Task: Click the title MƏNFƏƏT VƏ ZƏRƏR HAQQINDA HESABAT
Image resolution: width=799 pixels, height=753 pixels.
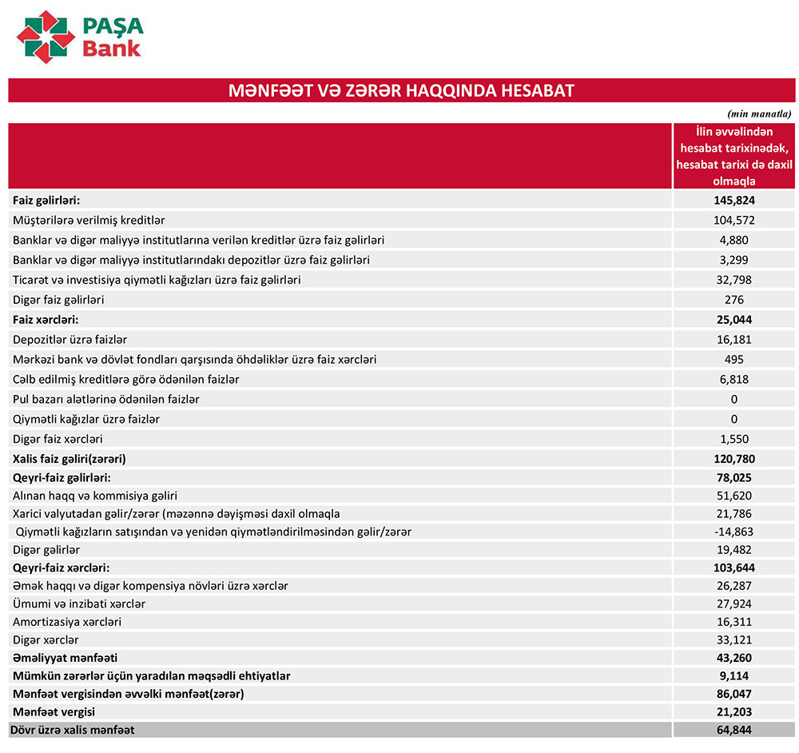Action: point(401,90)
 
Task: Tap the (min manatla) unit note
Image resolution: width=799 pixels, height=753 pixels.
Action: point(759,114)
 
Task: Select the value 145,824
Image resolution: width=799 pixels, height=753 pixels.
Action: point(735,200)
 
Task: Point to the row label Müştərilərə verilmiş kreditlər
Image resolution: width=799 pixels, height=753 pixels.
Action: point(89,220)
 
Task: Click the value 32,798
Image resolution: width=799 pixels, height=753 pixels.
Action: point(735,280)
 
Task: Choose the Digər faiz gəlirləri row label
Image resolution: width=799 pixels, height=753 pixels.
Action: point(58,300)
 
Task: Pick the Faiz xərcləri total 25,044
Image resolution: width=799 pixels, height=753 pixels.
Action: point(735,320)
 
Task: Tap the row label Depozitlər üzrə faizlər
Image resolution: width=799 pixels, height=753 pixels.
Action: point(70,340)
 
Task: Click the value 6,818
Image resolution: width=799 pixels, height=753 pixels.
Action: point(735,380)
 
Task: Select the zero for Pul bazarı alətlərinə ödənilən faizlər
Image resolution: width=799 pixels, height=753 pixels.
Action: point(734,399)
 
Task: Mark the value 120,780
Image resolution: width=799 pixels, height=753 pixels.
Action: point(735,459)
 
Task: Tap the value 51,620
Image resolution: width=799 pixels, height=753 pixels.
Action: point(735,496)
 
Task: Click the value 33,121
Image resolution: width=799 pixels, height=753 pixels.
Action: point(735,640)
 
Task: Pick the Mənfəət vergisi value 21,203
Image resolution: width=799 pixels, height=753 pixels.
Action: point(735,711)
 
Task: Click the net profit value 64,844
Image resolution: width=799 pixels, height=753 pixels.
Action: point(735,730)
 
